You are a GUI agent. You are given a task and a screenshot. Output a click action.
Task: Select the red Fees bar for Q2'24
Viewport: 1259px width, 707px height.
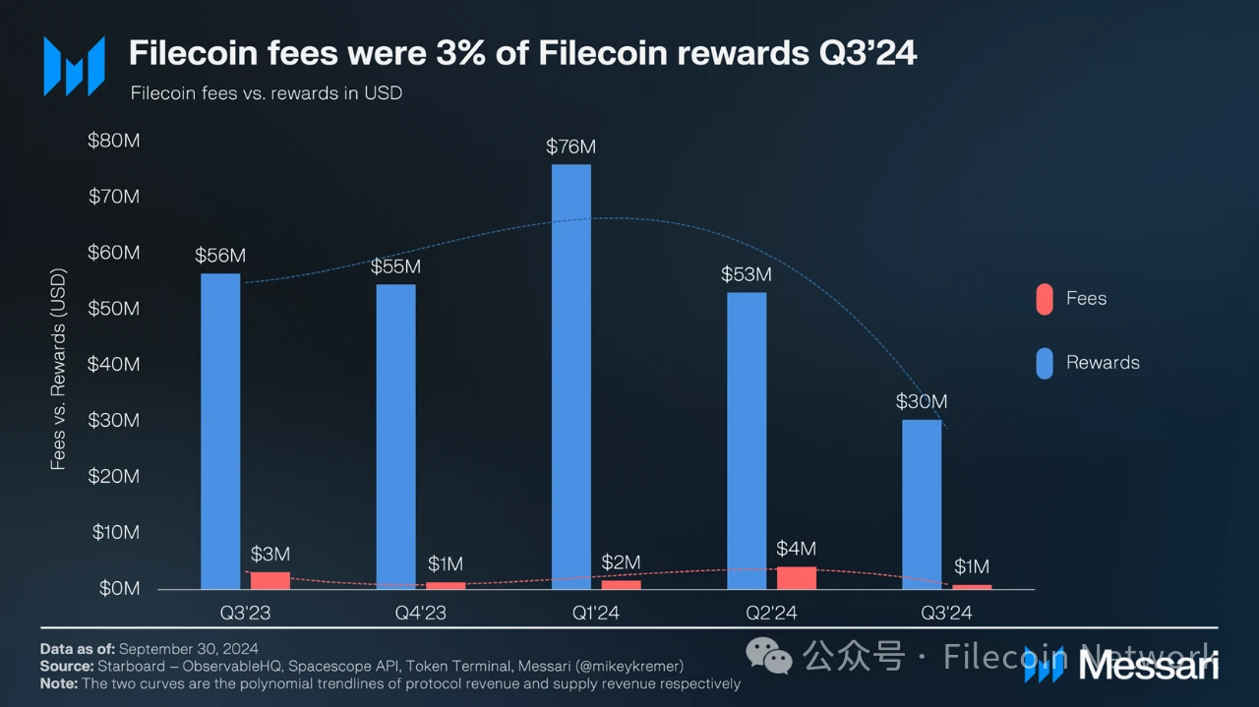tap(796, 577)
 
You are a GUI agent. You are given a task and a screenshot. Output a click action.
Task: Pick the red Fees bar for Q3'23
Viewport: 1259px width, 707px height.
tap(270, 580)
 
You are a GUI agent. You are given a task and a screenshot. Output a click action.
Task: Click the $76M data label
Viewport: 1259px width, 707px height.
tap(571, 147)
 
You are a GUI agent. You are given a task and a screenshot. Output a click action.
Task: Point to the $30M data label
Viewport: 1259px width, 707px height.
tap(922, 401)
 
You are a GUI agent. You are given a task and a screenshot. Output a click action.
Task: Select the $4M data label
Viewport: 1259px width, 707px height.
tap(796, 549)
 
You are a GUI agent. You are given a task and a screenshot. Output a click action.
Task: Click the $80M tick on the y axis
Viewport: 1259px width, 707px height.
tap(114, 141)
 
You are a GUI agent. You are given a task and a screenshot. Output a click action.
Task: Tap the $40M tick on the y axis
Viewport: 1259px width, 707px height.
tap(114, 364)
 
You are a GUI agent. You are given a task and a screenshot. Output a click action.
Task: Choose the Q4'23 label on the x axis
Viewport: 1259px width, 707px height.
tap(420, 614)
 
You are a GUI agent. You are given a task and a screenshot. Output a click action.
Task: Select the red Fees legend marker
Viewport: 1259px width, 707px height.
tap(1044, 299)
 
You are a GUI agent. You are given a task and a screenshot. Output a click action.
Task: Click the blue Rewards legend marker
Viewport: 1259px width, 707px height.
tap(1044, 363)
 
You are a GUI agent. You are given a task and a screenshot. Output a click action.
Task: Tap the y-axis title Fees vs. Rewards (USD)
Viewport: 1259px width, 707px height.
tap(58, 369)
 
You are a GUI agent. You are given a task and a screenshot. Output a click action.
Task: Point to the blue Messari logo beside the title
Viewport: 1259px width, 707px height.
tap(74, 66)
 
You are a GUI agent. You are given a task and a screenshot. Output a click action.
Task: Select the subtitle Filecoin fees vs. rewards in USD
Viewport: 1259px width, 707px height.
tap(267, 93)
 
